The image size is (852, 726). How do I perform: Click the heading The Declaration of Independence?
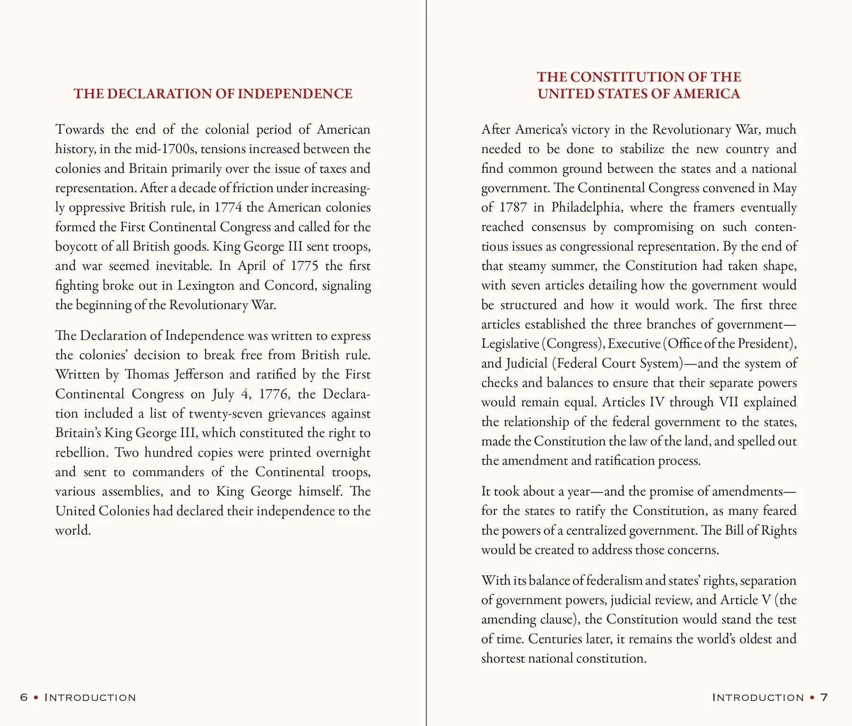213,94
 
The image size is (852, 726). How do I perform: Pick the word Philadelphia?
586,207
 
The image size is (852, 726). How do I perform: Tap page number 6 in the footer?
24,698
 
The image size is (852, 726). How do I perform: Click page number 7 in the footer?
824,698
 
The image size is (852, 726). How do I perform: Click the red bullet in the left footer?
36,698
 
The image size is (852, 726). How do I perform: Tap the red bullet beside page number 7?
812,698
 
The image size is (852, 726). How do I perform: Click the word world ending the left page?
72,530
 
